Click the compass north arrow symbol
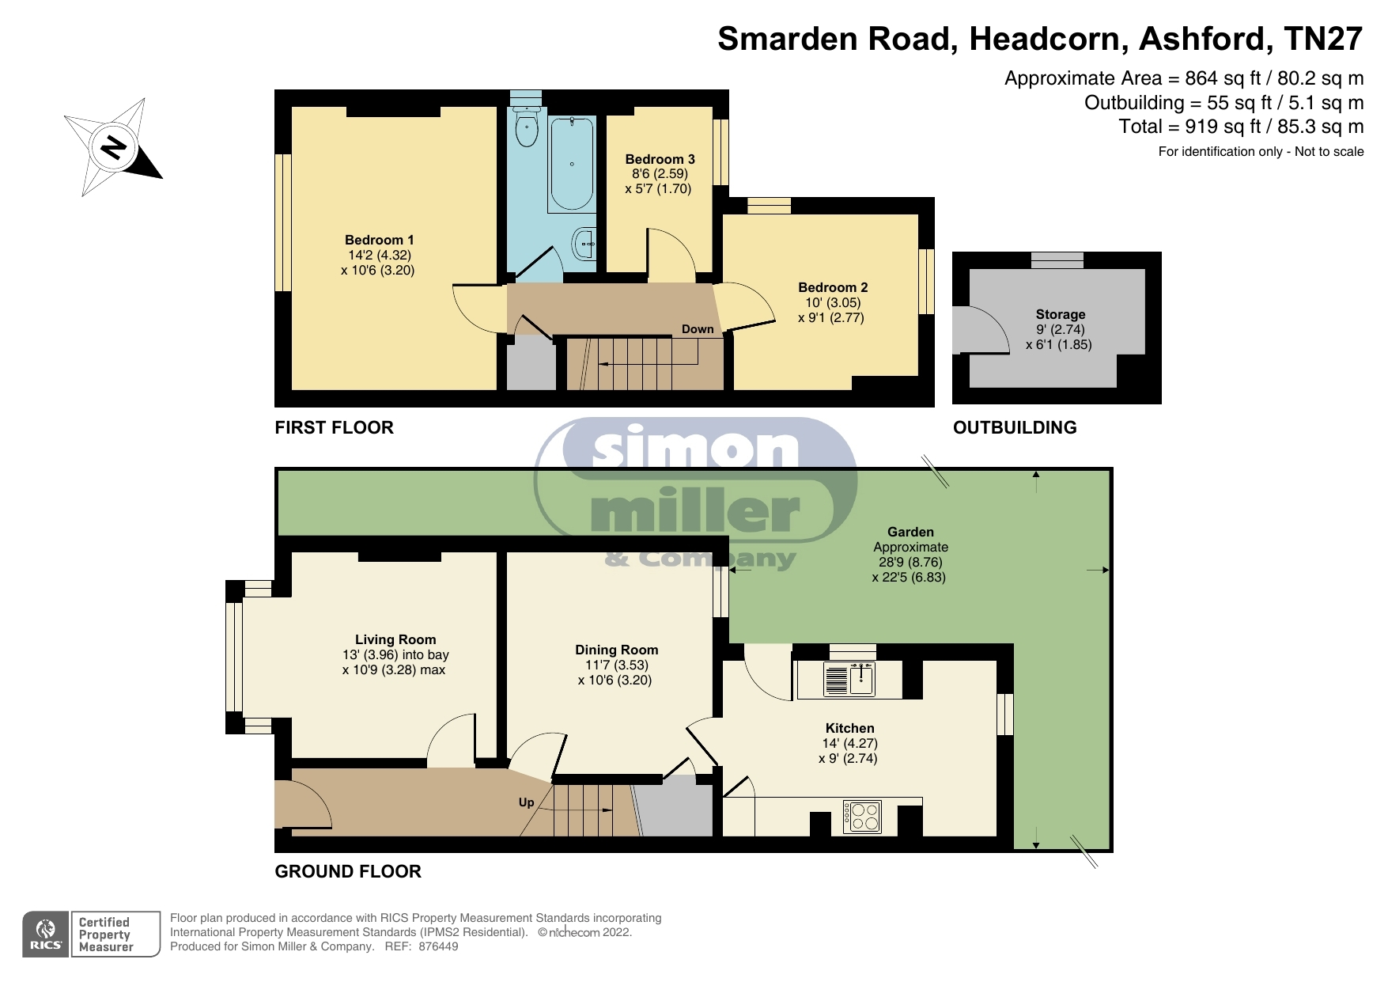coord(114,147)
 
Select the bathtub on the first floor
coord(571,164)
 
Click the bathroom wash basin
coord(584,244)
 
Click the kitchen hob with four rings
coord(862,817)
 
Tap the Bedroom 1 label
coord(380,240)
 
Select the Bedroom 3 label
coord(660,159)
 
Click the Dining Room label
coord(616,650)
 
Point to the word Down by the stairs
coord(698,329)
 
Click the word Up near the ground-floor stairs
coord(526,802)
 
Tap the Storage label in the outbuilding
coord(1061,314)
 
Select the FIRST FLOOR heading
coord(334,427)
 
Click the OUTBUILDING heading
coord(1015,427)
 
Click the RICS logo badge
coord(46,935)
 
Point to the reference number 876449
coord(438,946)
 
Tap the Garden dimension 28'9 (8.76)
coord(910,562)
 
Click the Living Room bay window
coord(235,657)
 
